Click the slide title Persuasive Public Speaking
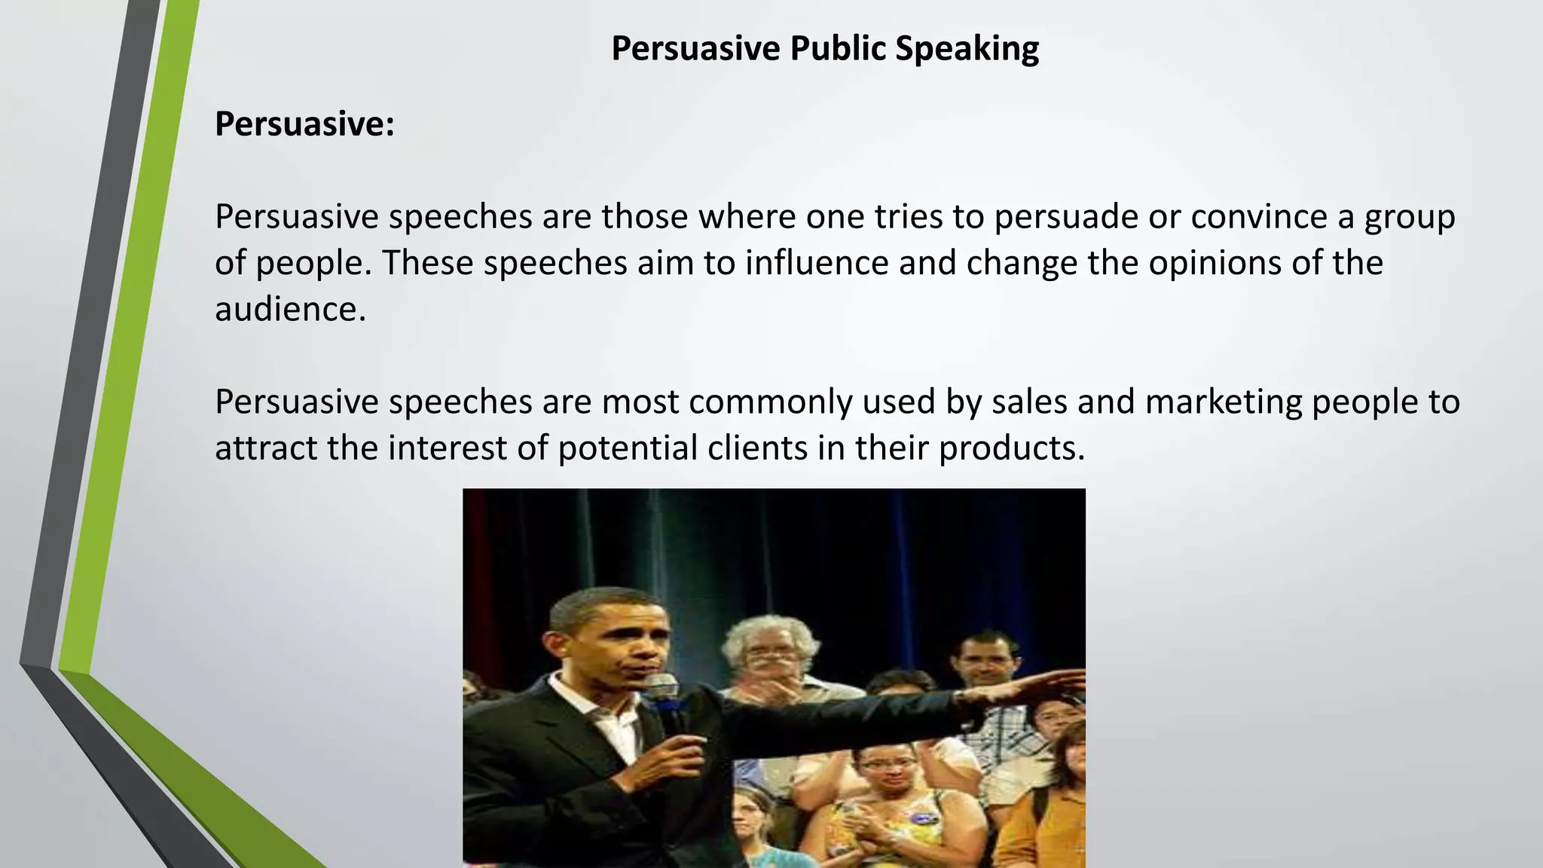[x=825, y=49]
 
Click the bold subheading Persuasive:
[x=304, y=124]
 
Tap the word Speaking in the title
[x=967, y=49]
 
